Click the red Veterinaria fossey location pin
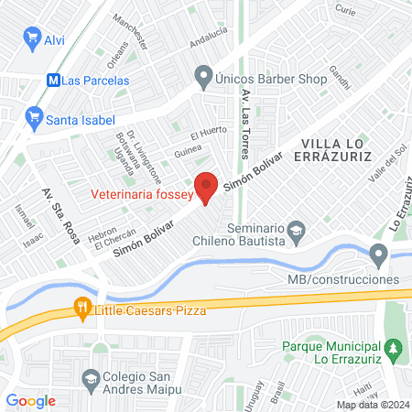206,187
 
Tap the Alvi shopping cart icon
32,39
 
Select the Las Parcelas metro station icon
53,80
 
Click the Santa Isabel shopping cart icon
34,116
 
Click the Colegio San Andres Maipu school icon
90,378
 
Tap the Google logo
30,401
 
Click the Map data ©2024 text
371,405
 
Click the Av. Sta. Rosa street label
60,215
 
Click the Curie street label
345,10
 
